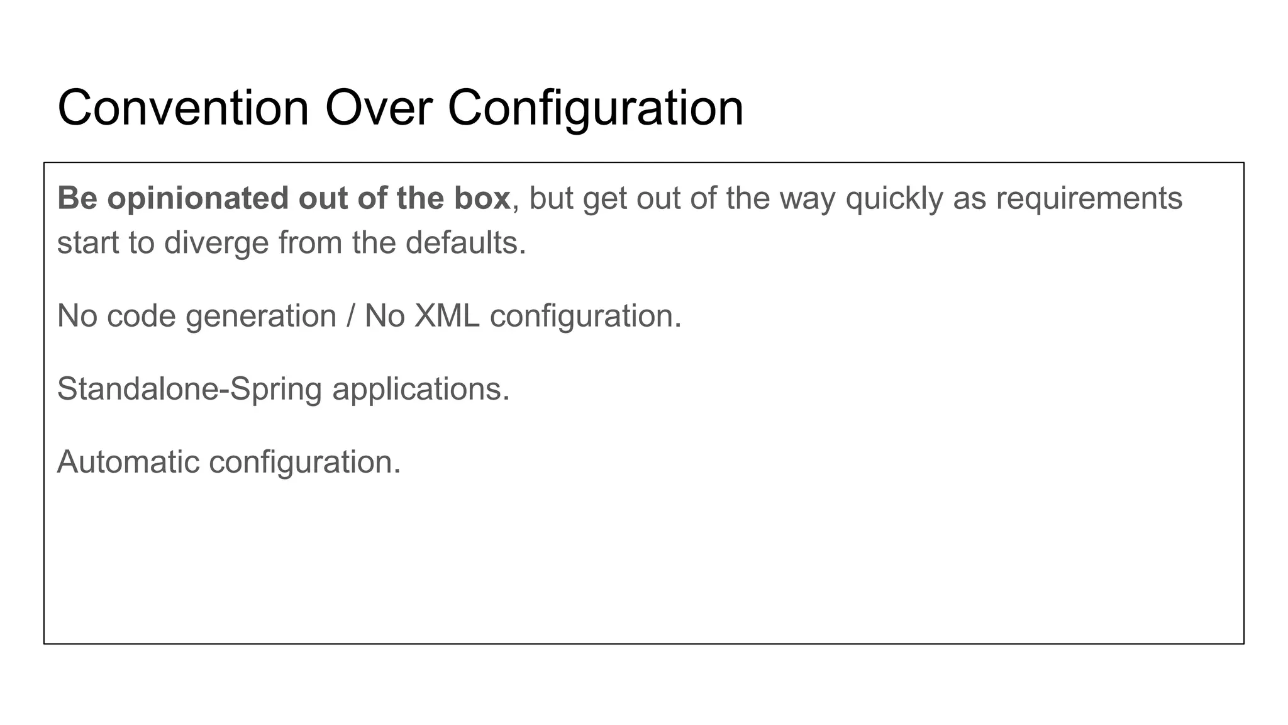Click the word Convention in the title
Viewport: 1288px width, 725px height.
click(x=183, y=108)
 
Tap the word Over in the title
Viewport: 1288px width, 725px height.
click(x=378, y=108)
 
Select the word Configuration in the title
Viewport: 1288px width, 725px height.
click(x=595, y=108)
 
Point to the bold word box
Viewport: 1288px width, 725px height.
click(x=482, y=199)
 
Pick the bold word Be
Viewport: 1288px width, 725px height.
click(x=77, y=199)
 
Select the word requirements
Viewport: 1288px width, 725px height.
click(x=1089, y=199)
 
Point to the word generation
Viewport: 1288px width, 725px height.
click(x=261, y=317)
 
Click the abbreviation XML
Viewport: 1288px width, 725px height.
click(x=447, y=317)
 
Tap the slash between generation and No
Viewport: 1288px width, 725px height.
click(x=350, y=317)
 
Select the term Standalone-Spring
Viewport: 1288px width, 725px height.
click(x=189, y=390)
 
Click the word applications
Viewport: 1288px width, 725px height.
click(x=421, y=390)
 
